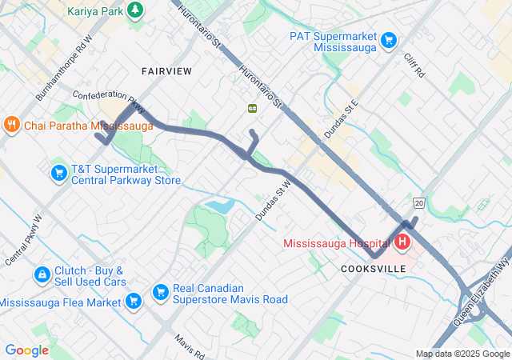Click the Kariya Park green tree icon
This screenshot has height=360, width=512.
[x=137, y=10]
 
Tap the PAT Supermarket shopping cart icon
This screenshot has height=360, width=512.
[x=390, y=39]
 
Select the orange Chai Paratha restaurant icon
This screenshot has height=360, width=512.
[x=11, y=125]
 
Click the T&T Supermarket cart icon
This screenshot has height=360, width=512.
[x=58, y=173]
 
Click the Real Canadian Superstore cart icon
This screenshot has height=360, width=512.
[x=159, y=292]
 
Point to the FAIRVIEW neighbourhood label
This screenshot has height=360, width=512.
[x=166, y=71]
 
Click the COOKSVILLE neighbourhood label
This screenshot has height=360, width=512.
[x=374, y=269]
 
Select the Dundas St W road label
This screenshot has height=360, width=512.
[x=272, y=203]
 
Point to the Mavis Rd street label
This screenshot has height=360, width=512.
[x=190, y=346]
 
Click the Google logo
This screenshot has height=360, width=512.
[x=27, y=350]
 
